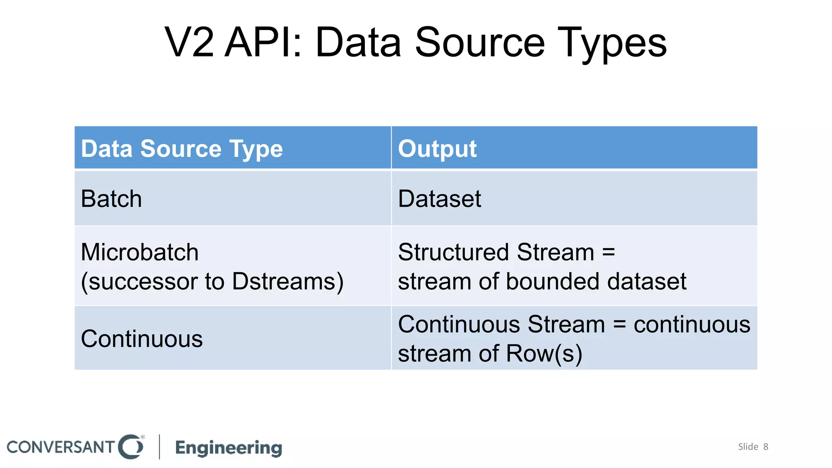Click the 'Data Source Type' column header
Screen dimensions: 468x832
(x=182, y=149)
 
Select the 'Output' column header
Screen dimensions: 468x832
(x=437, y=149)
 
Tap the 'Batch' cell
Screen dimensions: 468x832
(x=111, y=199)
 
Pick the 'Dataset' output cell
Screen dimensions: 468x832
(x=440, y=199)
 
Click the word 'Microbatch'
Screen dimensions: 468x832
(x=140, y=252)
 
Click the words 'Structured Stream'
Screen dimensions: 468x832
(x=496, y=252)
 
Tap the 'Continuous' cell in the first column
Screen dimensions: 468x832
(x=142, y=339)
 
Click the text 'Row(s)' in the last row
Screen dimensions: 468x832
(x=544, y=353)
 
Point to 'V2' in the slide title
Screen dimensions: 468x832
(x=189, y=43)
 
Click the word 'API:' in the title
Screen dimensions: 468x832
(x=264, y=43)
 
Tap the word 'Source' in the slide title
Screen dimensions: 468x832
(x=479, y=43)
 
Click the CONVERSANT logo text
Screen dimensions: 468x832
(x=61, y=447)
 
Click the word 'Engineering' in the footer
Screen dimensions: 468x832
(x=229, y=448)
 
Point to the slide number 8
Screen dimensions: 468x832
(x=766, y=447)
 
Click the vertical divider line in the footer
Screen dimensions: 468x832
(x=159, y=447)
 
